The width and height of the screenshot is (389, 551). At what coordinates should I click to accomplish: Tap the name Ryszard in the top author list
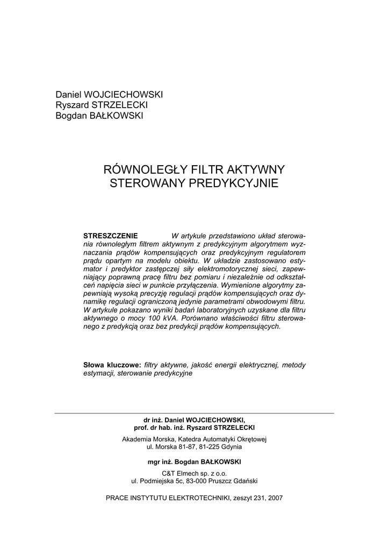coord(70,105)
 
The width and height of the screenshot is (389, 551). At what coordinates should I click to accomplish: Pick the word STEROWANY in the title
coord(141,183)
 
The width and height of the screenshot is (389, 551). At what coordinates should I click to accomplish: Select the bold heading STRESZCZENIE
coord(111,236)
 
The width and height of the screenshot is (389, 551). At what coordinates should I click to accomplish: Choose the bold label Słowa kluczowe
coord(112,365)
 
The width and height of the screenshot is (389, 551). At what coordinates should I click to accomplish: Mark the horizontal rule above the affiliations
coord(195,413)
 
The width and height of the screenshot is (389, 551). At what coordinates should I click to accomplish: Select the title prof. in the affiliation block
coord(141,427)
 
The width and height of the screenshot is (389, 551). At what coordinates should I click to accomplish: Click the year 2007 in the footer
coord(273,498)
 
